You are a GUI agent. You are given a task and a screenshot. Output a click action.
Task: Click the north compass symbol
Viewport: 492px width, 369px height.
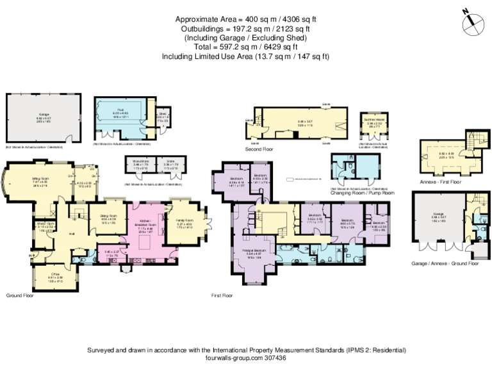pyautogui.click(x=472, y=22)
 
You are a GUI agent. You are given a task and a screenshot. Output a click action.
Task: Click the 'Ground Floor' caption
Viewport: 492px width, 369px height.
pyautogui.click(x=20, y=296)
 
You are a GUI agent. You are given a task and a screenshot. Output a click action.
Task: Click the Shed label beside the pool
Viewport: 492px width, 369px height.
pyautogui.click(x=163, y=114)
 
